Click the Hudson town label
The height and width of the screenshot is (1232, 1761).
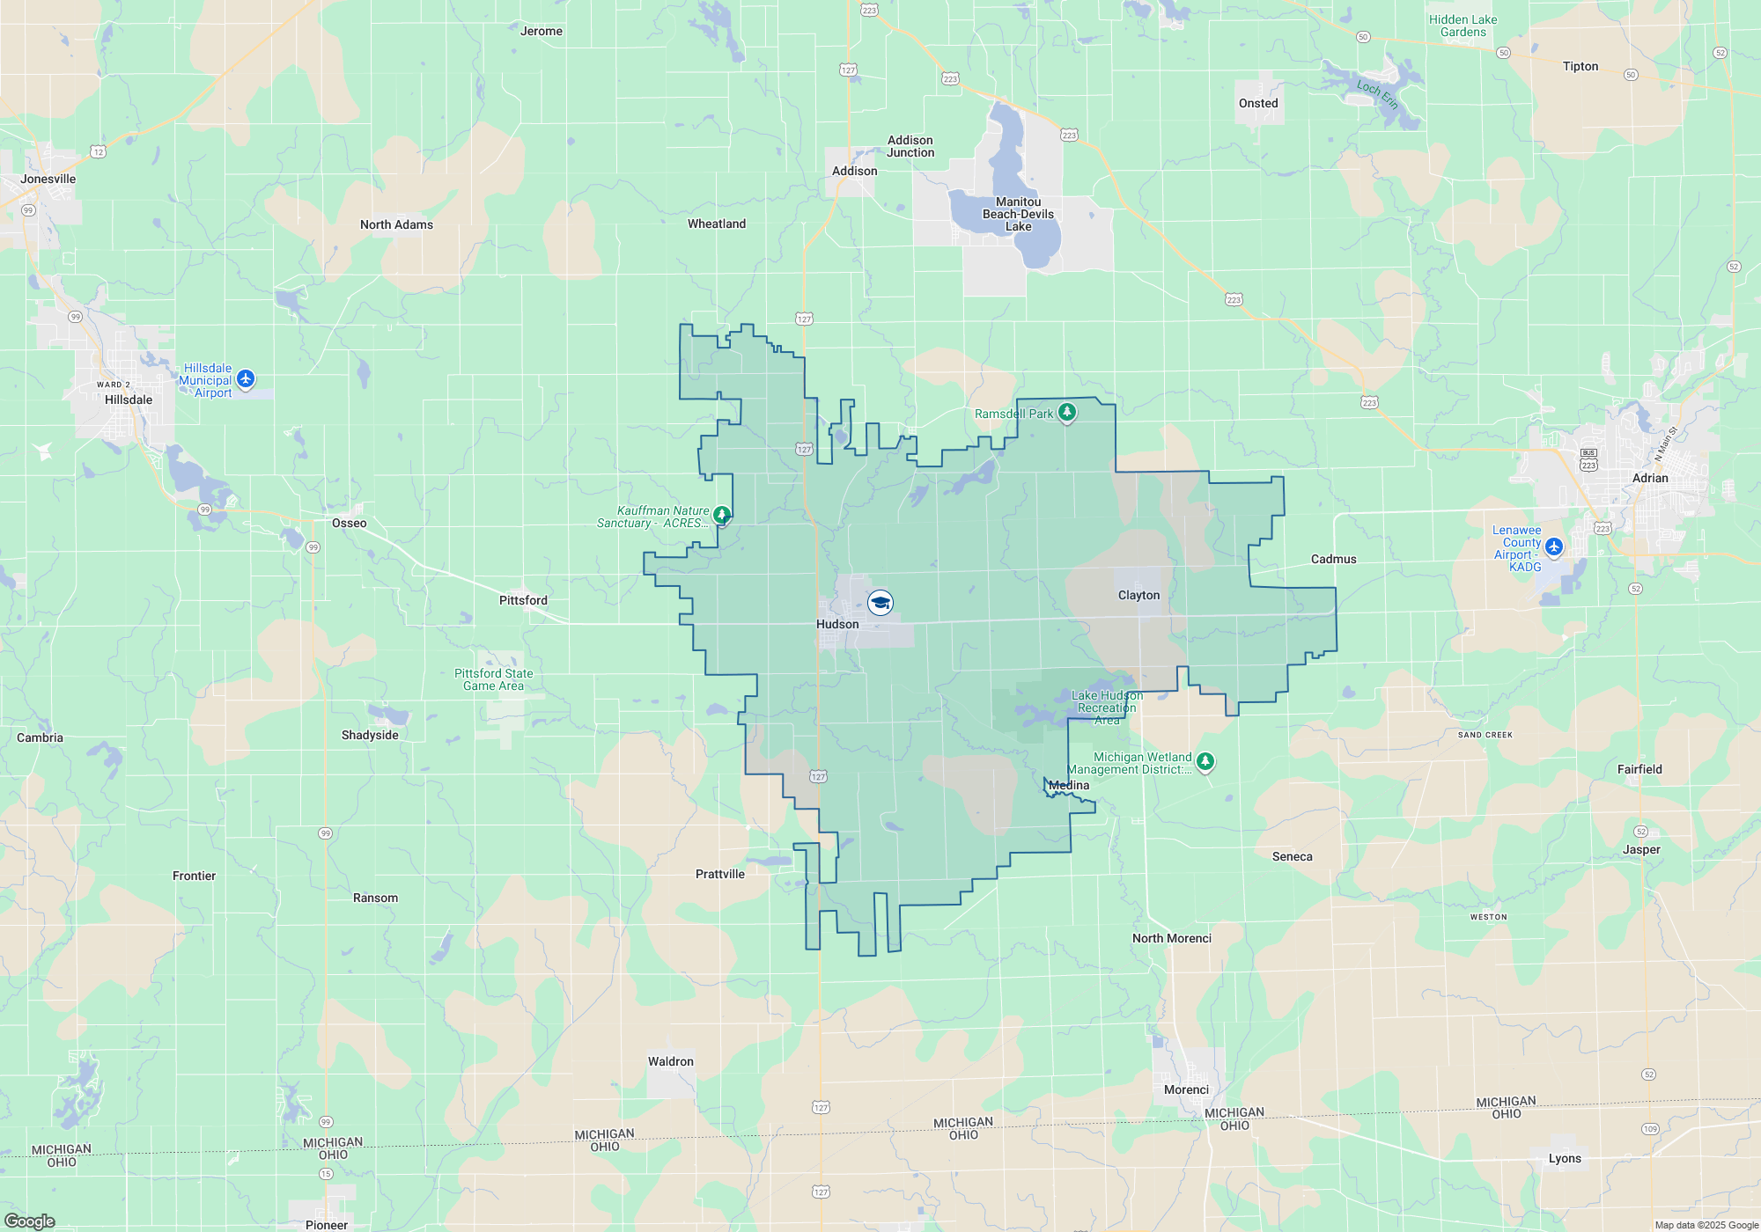[x=836, y=624]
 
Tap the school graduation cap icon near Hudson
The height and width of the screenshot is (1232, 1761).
[x=880, y=603]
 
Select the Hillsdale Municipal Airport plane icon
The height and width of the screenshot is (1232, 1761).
[x=246, y=378]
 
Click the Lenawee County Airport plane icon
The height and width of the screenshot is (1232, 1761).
[x=1554, y=546]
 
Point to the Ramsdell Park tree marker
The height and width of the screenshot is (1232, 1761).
[x=1066, y=412]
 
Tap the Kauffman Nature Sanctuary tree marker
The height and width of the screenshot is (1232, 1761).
[x=722, y=514]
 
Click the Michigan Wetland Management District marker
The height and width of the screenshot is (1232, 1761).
[x=1205, y=760]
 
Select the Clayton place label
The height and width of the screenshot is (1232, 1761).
[x=1138, y=595]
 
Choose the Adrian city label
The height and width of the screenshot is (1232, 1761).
[x=1650, y=478]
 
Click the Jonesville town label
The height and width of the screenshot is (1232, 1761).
[x=48, y=179]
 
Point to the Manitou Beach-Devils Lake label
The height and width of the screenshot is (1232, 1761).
[x=1018, y=214]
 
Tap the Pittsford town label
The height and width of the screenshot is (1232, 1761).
[x=523, y=600]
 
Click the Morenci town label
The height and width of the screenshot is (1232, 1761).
[x=1186, y=1089]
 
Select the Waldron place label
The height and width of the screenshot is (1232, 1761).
[x=671, y=1061]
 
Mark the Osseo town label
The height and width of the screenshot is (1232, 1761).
[x=349, y=523]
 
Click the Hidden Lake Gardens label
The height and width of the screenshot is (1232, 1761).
[x=1463, y=26]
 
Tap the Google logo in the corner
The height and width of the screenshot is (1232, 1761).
[x=30, y=1221]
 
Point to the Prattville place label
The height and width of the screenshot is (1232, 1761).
[x=719, y=874]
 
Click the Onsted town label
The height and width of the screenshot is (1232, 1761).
[x=1258, y=103]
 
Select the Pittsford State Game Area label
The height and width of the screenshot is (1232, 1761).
[x=493, y=679]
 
